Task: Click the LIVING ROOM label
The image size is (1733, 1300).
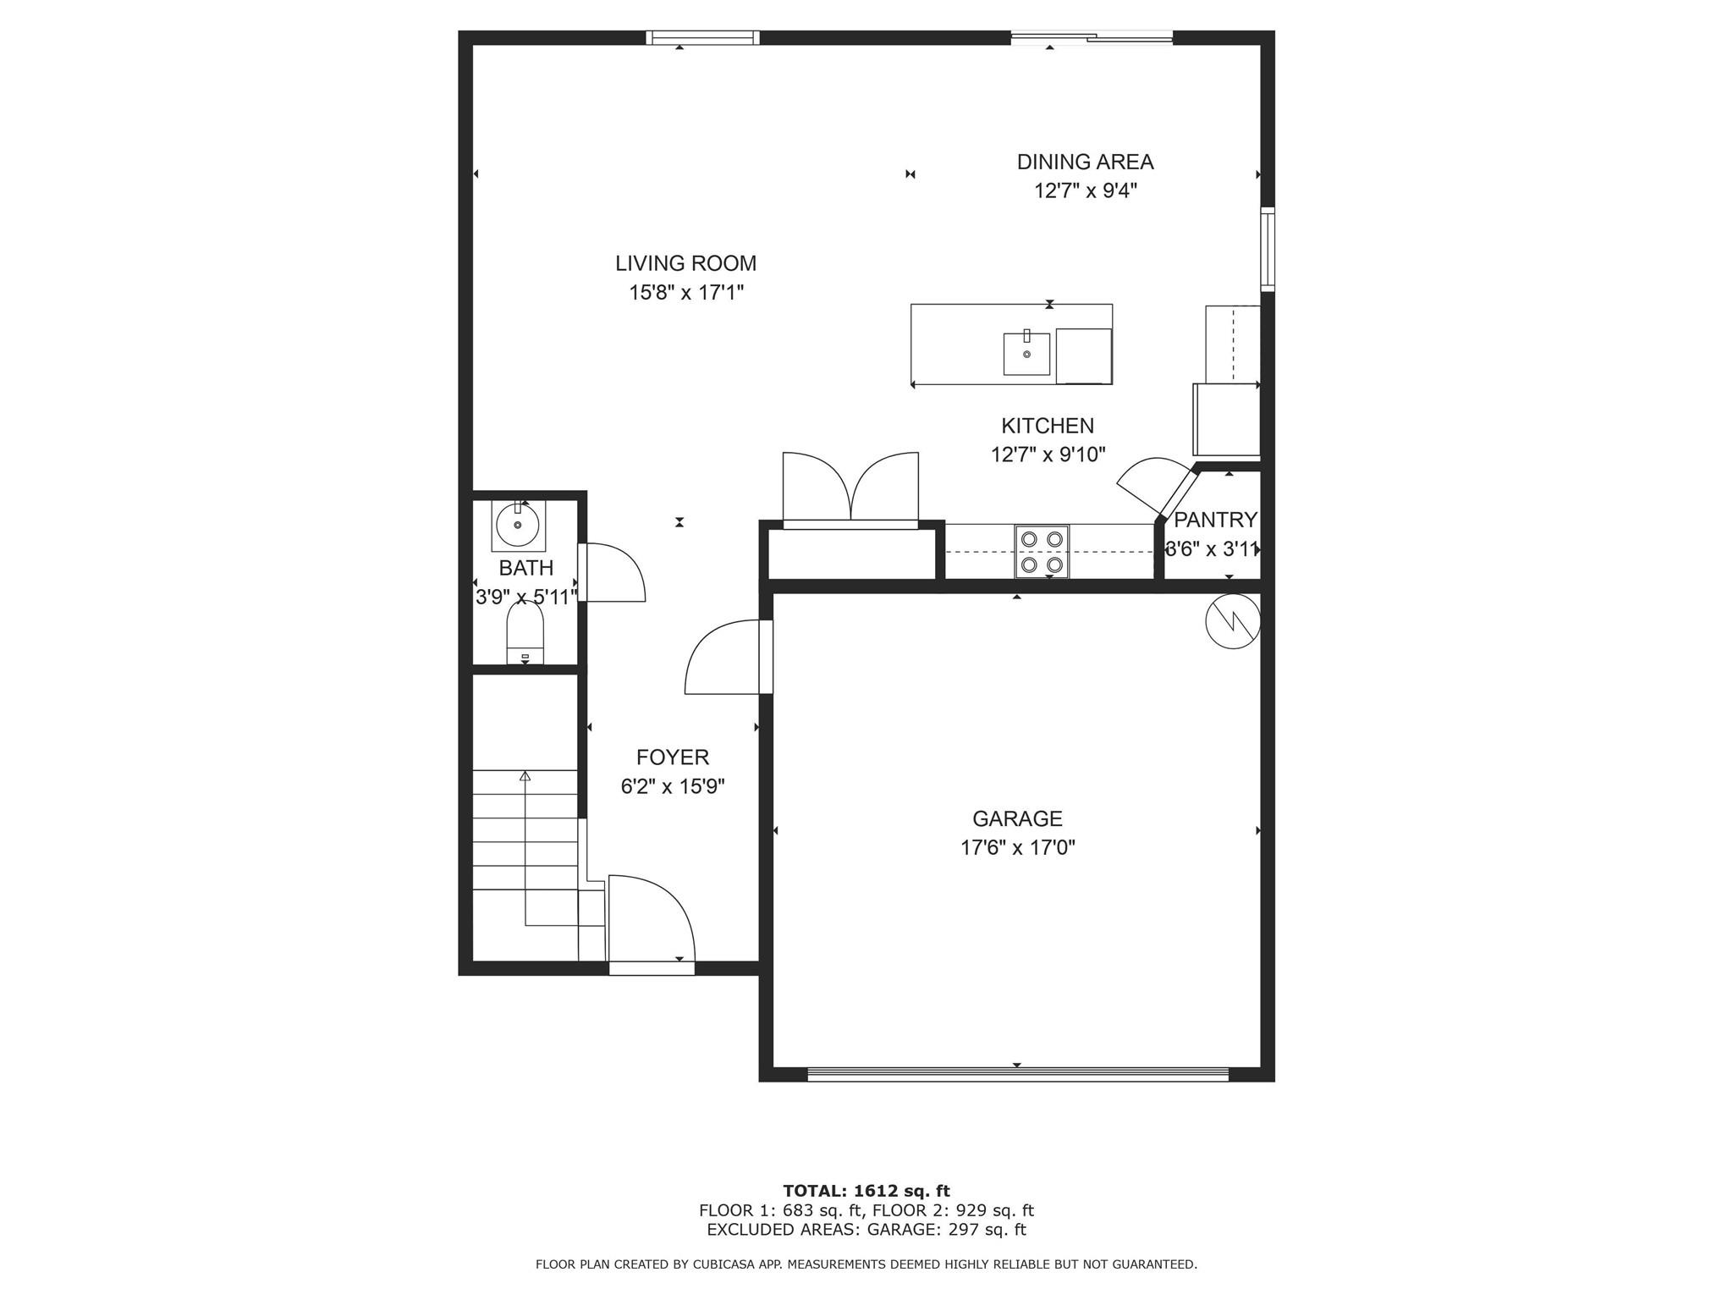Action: pyautogui.click(x=685, y=263)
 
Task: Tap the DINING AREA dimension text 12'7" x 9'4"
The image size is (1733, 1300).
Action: pyautogui.click(x=1085, y=190)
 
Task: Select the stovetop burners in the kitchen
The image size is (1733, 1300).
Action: pyautogui.click(x=1042, y=551)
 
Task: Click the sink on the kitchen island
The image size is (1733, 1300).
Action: pyautogui.click(x=1026, y=353)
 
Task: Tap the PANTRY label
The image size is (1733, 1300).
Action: pyautogui.click(x=1215, y=520)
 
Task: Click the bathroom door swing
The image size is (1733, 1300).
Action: pyautogui.click(x=613, y=573)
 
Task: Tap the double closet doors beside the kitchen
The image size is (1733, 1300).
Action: pyautogui.click(x=850, y=491)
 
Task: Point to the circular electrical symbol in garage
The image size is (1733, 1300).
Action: pyautogui.click(x=1233, y=622)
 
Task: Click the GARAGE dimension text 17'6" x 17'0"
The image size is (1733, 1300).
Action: pyautogui.click(x=1017, y=847)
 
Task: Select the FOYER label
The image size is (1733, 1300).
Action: pyautogui.click(x=673, y=757)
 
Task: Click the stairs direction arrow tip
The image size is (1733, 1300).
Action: pyautogui.click(x=525, y=775)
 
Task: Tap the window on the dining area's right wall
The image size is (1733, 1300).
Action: pyautogui.click(x=1267, y=249)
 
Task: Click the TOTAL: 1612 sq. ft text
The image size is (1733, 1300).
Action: pyautogui.click(x=866, y=1191)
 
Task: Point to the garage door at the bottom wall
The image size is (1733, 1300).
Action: pyautogui.click(x=1017, y=1074)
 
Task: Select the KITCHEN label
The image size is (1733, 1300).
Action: pyautogui.click(x=1048, y=426)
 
